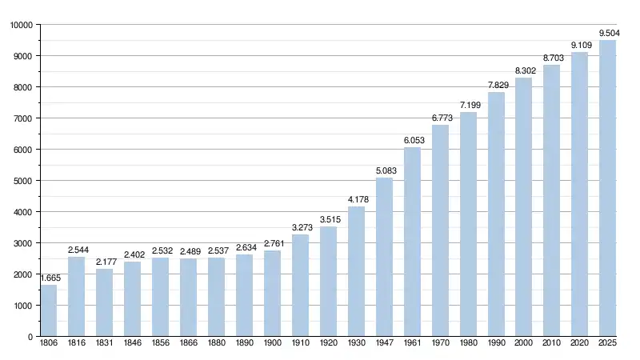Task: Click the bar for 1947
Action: pos(384,257)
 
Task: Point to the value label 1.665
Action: pos(48,278)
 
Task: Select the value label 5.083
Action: pos(384,170)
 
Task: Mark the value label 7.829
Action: pos(496,85)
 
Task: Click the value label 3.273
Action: pos(300,228)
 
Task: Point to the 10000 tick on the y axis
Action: pos(21,25)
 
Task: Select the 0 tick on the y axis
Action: pos(28,337)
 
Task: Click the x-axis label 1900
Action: pos(272,344)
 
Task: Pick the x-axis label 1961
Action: pos(412,344)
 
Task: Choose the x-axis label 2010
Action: pos(551,344)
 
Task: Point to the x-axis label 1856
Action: pos(160,344)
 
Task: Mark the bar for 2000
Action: pos(523,207)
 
